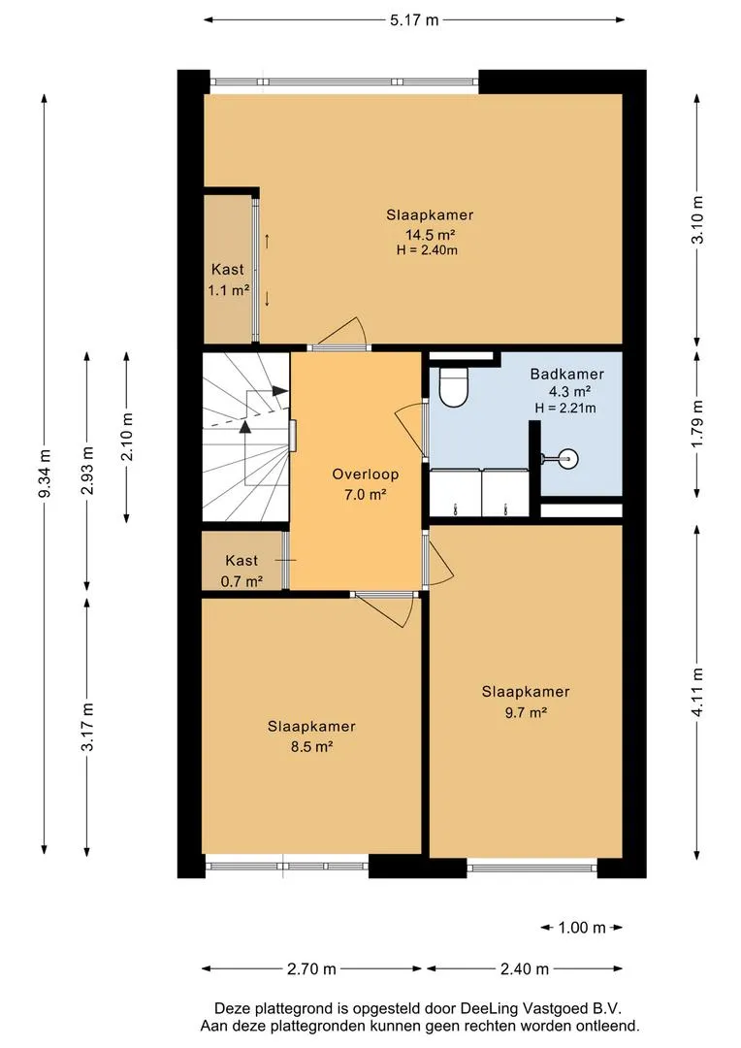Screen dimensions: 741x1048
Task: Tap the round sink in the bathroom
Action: pos(568,458)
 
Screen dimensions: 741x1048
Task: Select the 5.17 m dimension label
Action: pos(414,20)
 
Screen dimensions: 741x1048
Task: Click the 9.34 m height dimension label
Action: pos(45,474)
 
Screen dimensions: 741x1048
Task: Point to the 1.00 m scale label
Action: pos(582,928)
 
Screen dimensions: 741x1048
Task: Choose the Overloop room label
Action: pos(366,475)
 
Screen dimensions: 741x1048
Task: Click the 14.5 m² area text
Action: pos(431,235)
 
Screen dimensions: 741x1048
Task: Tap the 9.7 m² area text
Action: pos(526,712)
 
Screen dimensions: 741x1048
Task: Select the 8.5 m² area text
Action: pos(311,746)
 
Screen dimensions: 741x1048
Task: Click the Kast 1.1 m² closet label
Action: pos(229,280)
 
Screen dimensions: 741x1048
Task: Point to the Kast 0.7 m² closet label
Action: pos(242,571)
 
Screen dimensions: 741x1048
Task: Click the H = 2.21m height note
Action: pos(565,408)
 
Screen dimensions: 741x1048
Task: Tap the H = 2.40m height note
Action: pos(427,250)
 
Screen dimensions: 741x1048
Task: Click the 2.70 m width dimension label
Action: pos(311,969)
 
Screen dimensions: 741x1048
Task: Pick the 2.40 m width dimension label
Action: pos(525,969)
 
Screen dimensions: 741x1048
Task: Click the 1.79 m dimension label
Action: pos(697,424)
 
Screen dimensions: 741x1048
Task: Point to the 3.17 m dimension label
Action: pos(87,727)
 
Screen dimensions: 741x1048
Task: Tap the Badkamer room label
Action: pos(567,375)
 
